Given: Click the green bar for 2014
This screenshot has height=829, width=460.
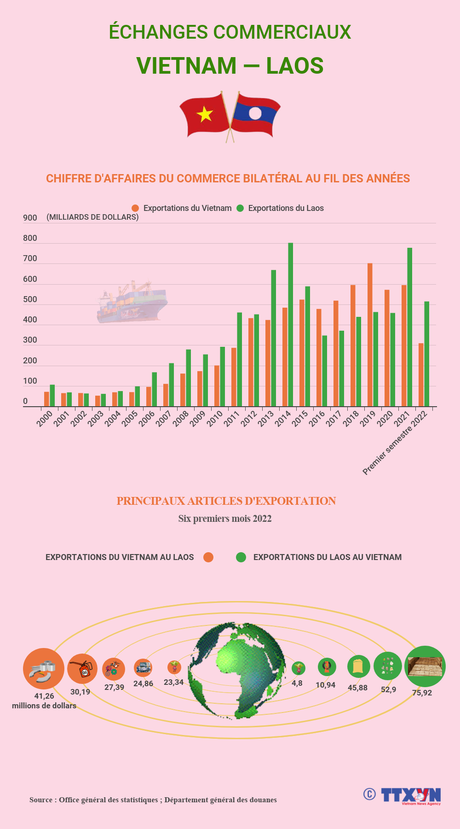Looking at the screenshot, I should [290, 325].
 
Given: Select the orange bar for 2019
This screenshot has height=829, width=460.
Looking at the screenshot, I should [370, 335].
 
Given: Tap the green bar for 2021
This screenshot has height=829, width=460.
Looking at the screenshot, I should [409, 327].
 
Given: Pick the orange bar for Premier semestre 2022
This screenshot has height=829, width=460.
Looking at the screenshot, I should [421, 375].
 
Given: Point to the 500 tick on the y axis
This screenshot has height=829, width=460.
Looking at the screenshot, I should [30, 299].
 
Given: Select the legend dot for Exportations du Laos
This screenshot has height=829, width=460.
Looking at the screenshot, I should [240, 208].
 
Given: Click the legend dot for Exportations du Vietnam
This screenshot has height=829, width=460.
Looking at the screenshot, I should [135, 208].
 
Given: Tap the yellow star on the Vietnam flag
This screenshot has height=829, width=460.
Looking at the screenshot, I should [205, 113].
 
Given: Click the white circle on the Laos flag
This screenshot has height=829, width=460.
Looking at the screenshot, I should [255, 113].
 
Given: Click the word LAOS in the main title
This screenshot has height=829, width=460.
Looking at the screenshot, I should [294, 65].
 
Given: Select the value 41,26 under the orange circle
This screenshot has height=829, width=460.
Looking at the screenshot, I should [44, 696].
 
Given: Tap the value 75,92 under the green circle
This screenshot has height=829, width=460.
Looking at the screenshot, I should [422, 693].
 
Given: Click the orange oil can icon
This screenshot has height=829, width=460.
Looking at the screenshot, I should [83, 669].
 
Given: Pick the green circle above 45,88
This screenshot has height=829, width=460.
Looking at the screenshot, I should [358, 666].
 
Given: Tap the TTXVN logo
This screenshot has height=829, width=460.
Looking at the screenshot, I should [410, 795].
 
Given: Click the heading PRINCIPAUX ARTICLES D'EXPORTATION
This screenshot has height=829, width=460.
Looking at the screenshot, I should [226, 501].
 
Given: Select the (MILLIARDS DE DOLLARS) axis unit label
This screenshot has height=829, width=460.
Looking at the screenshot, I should [92, 217].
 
